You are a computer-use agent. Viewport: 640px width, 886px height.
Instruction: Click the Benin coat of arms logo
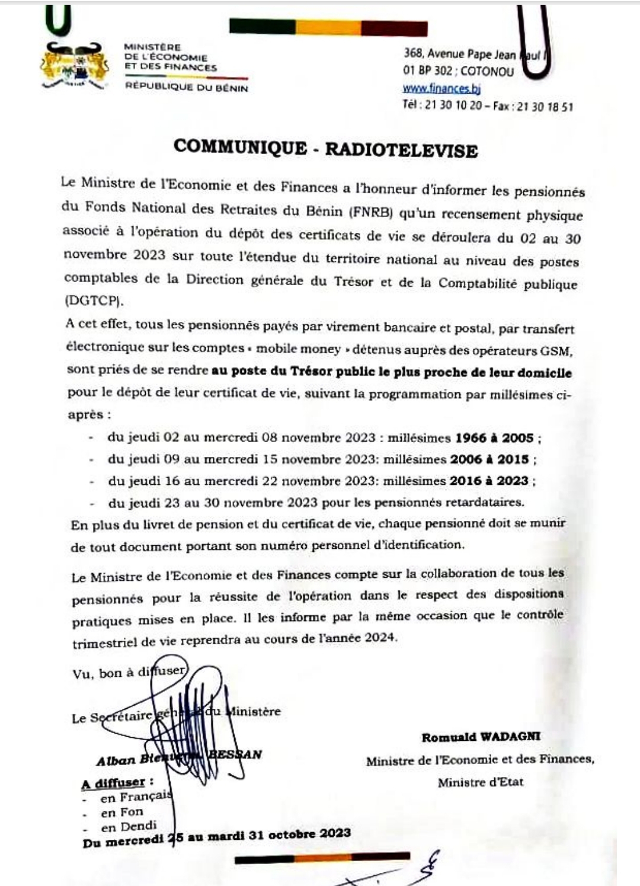[x=75, y=67]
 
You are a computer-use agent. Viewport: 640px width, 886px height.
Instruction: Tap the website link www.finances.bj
[x=441, y=89]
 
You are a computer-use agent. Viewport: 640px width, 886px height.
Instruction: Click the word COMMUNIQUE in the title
[x=240, y=147]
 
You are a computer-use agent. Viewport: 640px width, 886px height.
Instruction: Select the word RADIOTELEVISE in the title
[x=401, y=150]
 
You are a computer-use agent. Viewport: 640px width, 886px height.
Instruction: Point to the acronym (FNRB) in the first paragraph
[x=370, y=212]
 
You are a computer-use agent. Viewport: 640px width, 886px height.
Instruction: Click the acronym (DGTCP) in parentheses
[x=94, y=300]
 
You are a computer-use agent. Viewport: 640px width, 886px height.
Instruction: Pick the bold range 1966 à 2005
[x=494, y=438]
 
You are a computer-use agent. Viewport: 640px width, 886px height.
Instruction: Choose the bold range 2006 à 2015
[x=489, y=459]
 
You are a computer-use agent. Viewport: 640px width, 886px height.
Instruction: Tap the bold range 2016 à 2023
[x=489, y=481]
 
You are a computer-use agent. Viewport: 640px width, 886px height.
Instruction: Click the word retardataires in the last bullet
[x=488, y=503]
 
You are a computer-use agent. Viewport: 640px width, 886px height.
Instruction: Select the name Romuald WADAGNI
[x=481, y=737]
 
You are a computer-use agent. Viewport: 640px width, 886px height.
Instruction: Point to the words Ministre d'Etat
[x=481, y=782]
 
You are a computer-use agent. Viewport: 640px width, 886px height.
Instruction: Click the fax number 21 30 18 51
[x=545, y=107]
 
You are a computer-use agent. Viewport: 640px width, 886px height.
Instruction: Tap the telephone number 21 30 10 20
[x=453, y=107]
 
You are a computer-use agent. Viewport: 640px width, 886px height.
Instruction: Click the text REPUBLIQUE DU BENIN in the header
[x=186, y=88]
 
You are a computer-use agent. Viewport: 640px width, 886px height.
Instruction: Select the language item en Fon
[x=121, y=812]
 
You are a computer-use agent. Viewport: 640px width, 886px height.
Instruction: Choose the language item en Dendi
[x=129, y=826]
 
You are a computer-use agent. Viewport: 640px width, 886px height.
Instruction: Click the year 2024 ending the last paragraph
[x=379, y=638]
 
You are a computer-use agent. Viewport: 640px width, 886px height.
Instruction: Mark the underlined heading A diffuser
[x=113, y=783]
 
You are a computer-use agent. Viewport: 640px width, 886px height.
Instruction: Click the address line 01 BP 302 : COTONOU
[x=458, y=72]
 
